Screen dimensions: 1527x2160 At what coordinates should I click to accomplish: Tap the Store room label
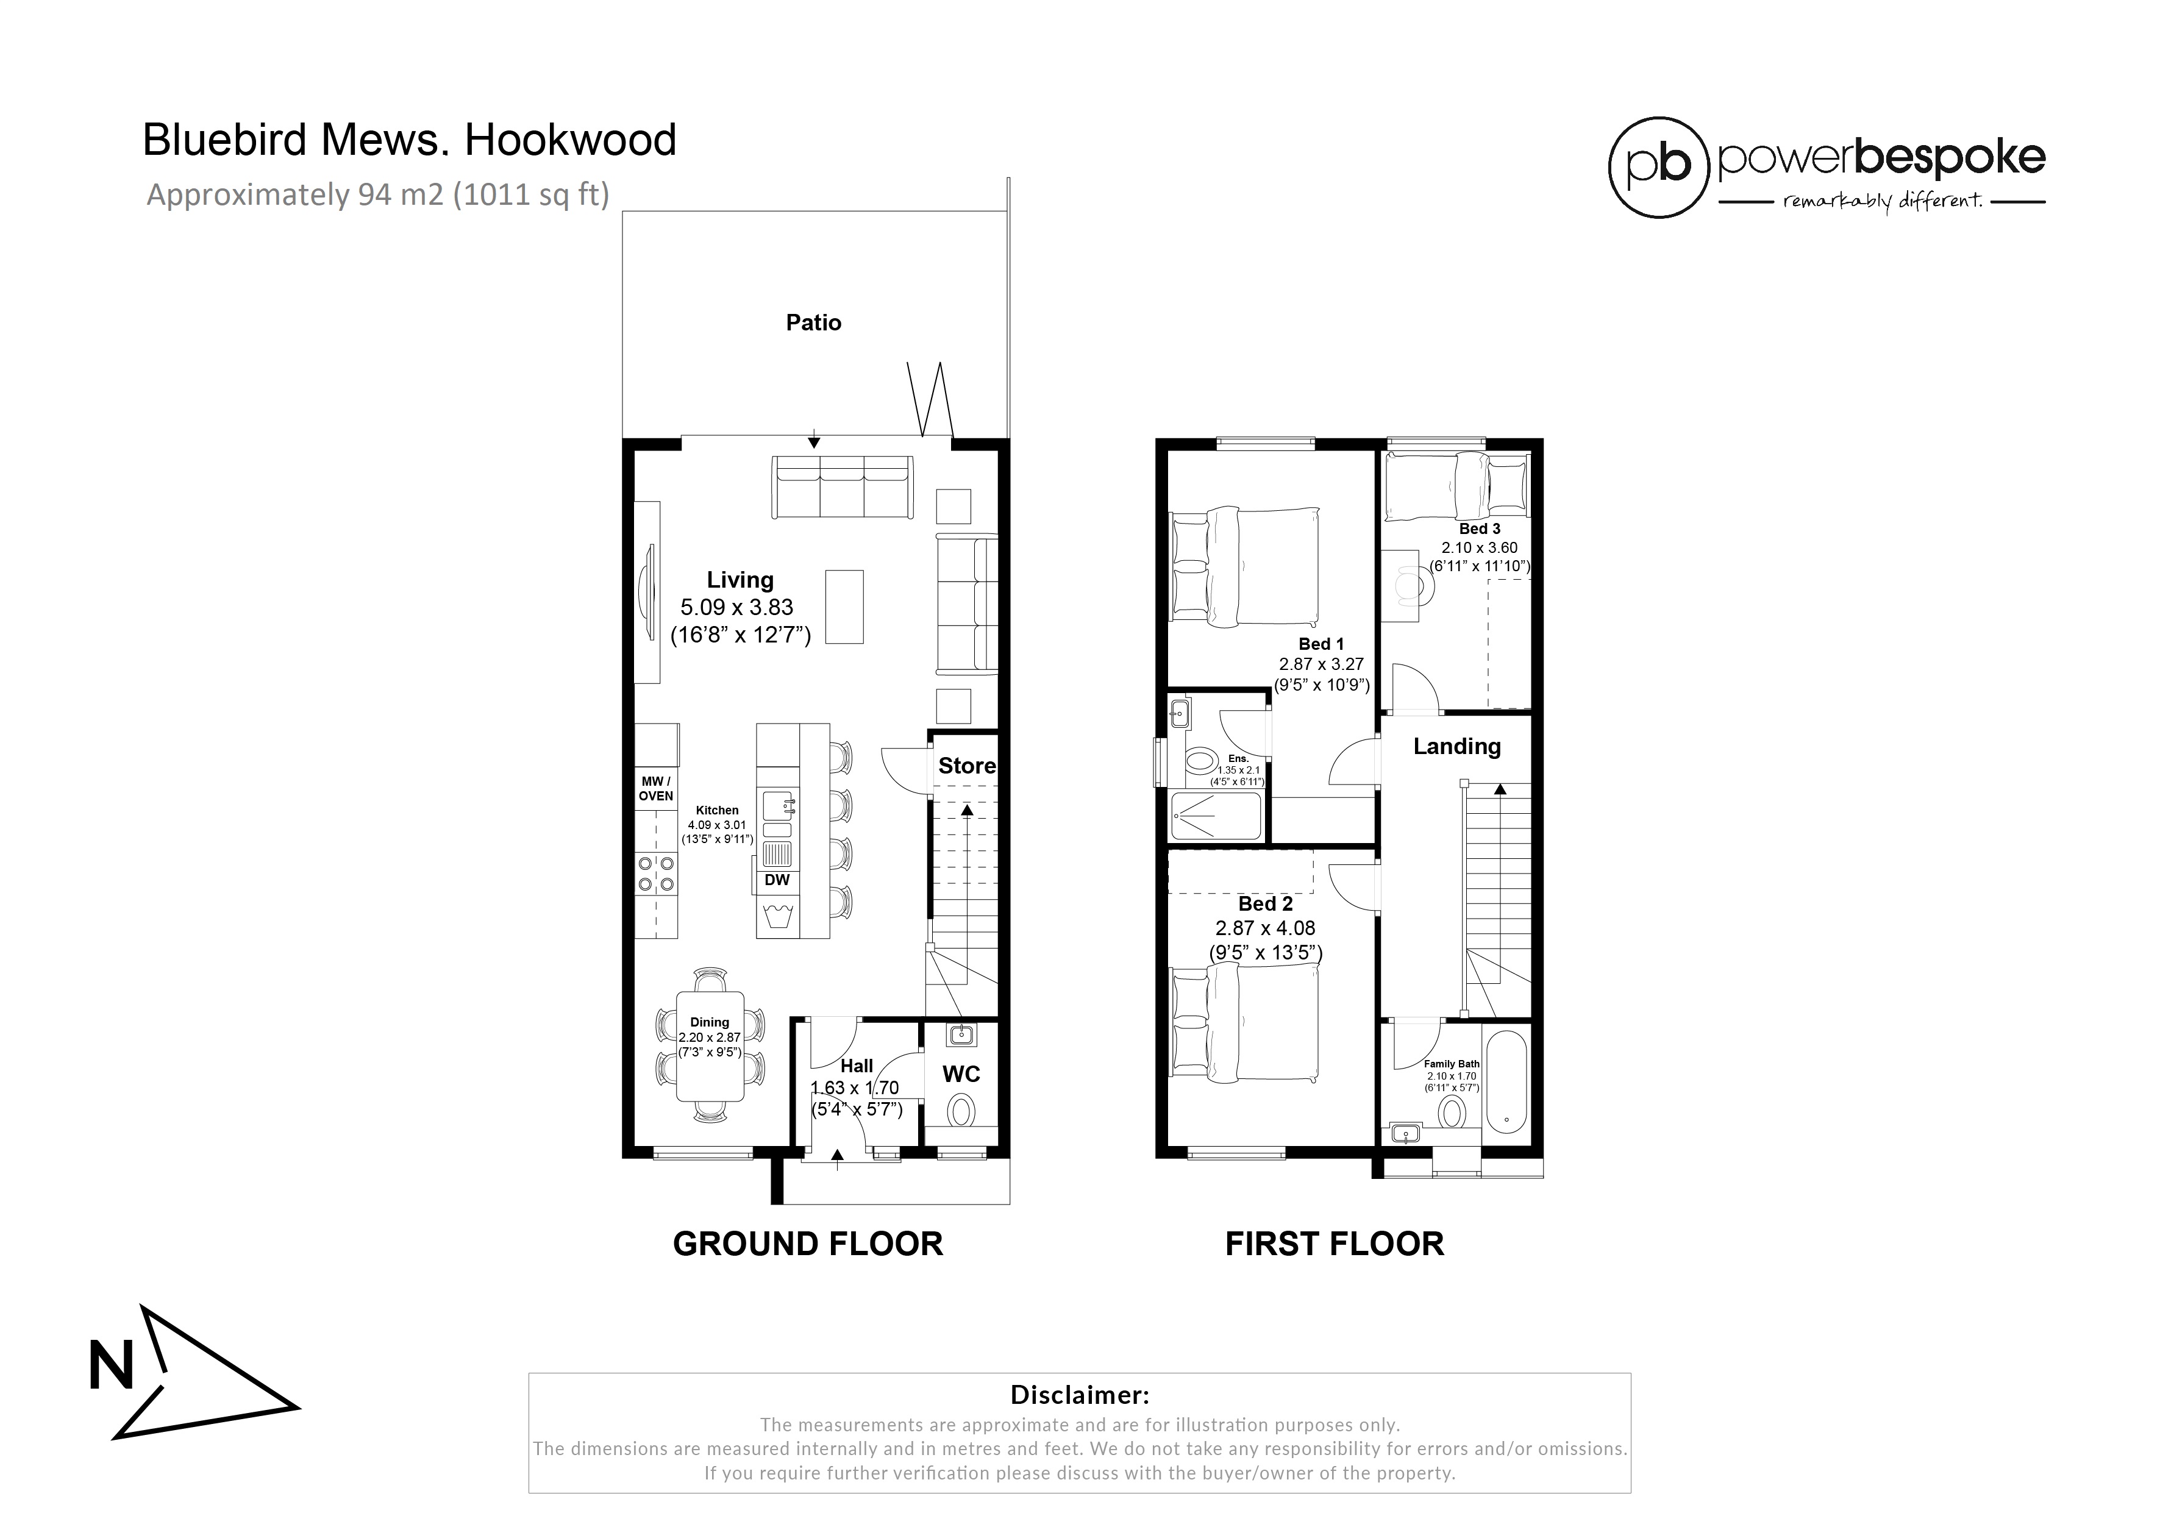[966, 766]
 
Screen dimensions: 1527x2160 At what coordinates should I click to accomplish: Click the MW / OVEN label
[656, 788]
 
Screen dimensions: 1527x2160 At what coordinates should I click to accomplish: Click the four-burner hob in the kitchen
[656, 872]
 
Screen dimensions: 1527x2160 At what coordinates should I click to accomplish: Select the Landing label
[1456, 746]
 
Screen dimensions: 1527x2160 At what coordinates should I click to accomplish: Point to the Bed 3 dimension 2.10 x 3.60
[1479, 547]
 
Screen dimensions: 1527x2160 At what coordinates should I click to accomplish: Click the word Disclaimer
[1079, 1394]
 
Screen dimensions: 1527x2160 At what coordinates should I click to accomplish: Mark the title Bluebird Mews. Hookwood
[409, 140]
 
